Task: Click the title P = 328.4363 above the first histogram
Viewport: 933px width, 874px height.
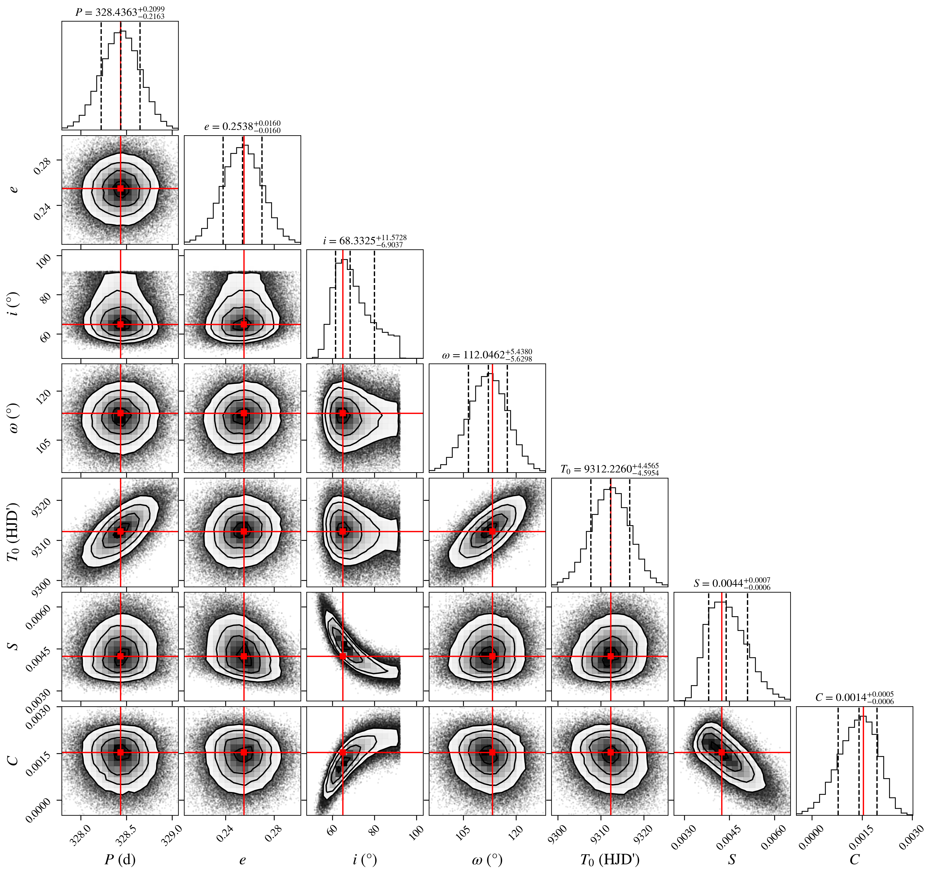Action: [x=120, y=12]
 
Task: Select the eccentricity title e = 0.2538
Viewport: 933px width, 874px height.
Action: [x=242, y=127]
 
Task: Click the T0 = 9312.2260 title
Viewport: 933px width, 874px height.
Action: [x=610, y=469]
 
